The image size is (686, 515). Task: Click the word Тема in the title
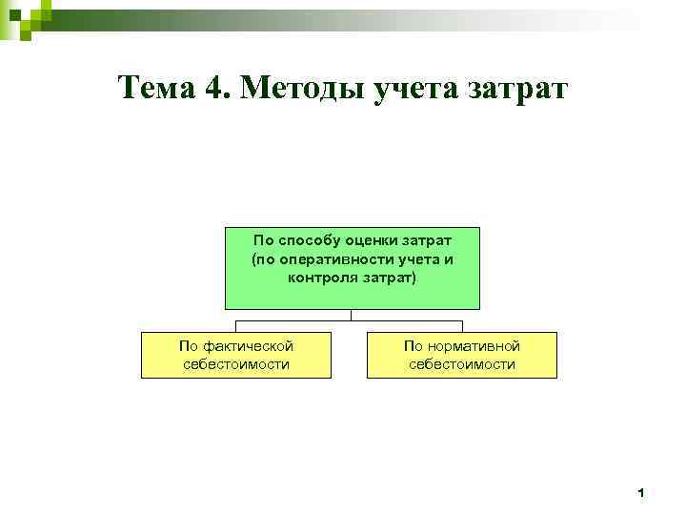point(158,89)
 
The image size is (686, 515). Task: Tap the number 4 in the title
point(213,89)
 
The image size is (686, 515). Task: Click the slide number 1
point(641,493)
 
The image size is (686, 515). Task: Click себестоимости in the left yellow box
point(235,364)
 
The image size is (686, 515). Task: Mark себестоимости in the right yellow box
point(461,364)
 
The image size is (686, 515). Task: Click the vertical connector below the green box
point(352,314)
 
